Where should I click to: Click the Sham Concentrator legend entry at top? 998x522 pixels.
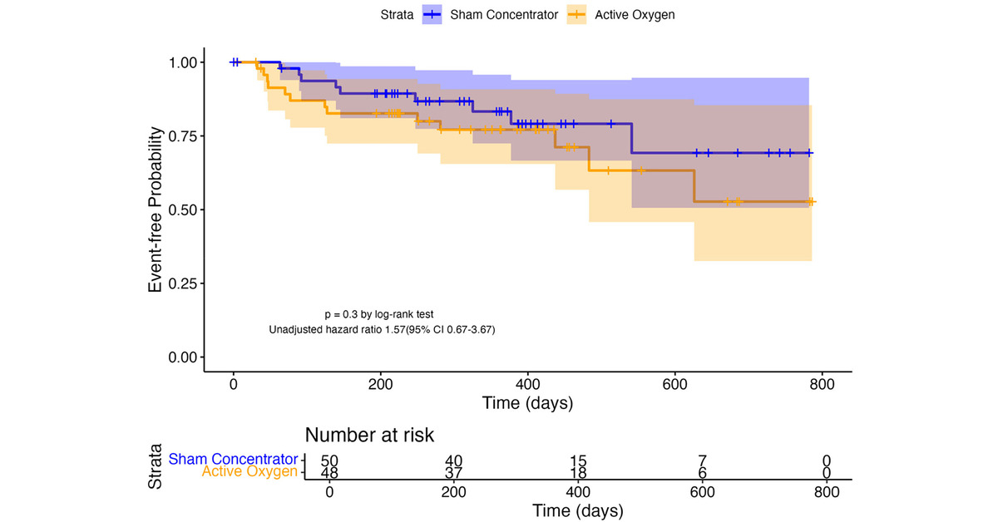(x=490, y=14)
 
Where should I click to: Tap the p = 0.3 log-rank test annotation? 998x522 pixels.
(x=378, y=314)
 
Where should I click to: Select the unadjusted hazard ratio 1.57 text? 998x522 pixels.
(x=383, y=330)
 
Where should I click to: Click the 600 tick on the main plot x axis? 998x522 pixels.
(x=674, y=384)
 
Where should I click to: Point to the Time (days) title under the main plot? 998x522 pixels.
(x=527, y=403)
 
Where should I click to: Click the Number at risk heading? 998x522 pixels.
(x=369, y=435)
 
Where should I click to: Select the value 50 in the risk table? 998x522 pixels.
(x=329, y=460)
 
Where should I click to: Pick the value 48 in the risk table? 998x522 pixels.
(x=329, y=472)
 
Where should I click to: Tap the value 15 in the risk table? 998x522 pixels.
(x=577, y=460)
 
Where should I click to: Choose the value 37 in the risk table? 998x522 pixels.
(x=453, y=472)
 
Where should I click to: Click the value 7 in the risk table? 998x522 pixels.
(x=702, y=460)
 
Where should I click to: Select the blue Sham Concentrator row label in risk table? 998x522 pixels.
(x=233, y=459)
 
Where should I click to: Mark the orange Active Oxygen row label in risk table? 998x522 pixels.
(x=249, y=472)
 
